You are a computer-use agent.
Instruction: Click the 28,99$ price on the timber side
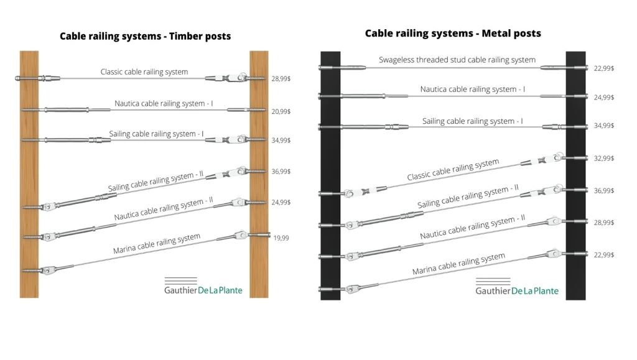pos(281,79)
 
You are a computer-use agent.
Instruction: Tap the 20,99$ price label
pos(281,111)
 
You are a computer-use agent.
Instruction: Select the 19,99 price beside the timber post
pos(281,238)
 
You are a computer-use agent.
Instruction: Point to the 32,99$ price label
pos(603,159)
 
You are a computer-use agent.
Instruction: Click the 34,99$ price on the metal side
pos(603,126)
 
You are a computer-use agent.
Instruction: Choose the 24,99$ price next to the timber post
pos(281,202)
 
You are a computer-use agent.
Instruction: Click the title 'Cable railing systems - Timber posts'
pos(145,36)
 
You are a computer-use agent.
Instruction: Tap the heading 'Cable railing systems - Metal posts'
pos(453,33)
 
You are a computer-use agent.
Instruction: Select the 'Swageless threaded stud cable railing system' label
pos(457,60)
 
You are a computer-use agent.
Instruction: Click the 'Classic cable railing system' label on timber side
pos(144,72)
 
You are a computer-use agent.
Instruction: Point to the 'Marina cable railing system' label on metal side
pos(458,264)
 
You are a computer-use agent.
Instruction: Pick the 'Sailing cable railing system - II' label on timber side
pos(156,181)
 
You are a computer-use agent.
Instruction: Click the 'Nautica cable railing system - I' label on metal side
pos(472,89)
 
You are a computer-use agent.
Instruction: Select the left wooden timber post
pos(29,174)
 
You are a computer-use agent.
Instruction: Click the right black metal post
pos(575,174)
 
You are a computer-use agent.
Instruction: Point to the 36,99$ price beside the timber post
pos(281,171)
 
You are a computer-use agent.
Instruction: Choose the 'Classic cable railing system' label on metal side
pos(453,170)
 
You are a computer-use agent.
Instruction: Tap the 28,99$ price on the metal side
pos(603,222)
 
